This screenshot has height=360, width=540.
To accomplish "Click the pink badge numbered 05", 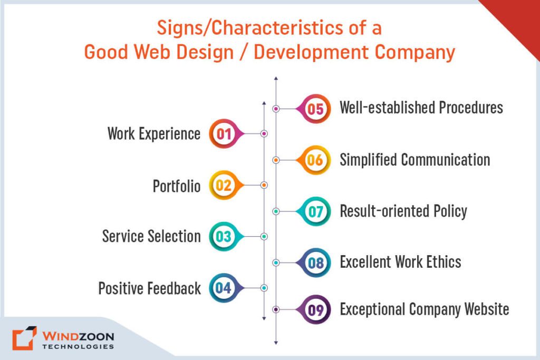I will click(315, 109).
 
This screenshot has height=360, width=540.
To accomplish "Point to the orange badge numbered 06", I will click(315, 160).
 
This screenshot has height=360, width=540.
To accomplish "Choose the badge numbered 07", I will click(315, 211).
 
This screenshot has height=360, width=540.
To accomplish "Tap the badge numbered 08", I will click(315, 262).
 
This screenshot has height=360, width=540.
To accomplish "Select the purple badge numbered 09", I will click(315, 309).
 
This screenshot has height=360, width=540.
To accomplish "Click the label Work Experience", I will click(154, 134).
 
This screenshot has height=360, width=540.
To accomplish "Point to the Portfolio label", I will click(177, 186).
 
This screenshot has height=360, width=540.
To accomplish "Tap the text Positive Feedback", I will click(149, 288).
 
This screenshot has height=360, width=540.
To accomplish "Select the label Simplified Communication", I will click(414, 160).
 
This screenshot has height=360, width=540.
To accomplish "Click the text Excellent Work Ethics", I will click(400, 262).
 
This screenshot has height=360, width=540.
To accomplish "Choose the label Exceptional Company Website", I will click(424, 309).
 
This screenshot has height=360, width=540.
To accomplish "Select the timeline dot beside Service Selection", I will click(264, 237).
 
